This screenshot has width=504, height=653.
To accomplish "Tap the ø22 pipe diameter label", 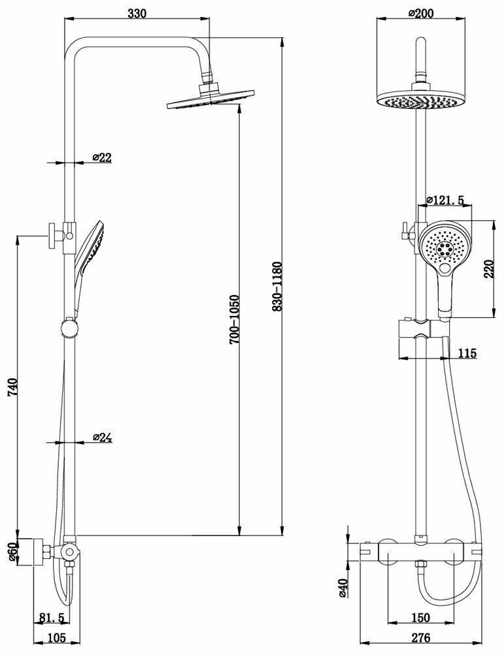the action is [x=103, y=157].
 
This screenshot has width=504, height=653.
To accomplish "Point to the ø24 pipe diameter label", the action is [x=103, y=438].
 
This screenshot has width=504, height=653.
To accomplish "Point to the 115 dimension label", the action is [x=467, y=353].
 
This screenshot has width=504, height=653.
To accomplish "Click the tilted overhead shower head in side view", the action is [x=210, y=101].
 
